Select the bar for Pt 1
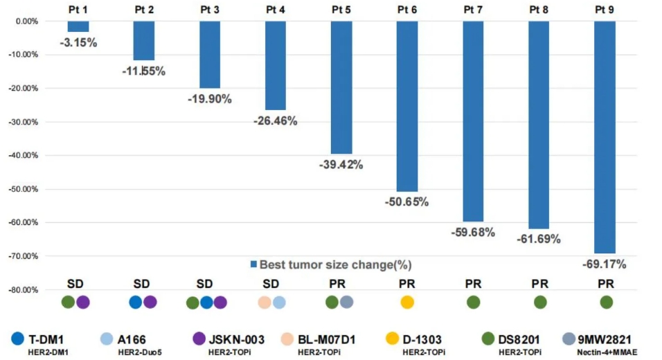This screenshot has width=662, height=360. coord(78,26)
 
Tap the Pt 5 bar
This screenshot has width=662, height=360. coord(341,87)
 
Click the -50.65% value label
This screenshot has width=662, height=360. coord(406,202)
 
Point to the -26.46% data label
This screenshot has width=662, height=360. coord(275,121)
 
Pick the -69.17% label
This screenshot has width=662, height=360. coord(604,264)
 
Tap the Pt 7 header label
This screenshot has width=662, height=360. coord(473,9)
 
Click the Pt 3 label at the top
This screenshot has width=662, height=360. coord(210,9)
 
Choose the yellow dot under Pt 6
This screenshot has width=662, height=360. coord(407,302)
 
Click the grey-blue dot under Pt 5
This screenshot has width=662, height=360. coord(347,302)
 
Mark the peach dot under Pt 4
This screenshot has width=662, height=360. coord(264,303)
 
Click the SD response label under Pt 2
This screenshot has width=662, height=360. coord(141,284)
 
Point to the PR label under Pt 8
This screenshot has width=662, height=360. coord(540,284)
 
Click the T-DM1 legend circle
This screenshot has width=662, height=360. coord(18,339)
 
